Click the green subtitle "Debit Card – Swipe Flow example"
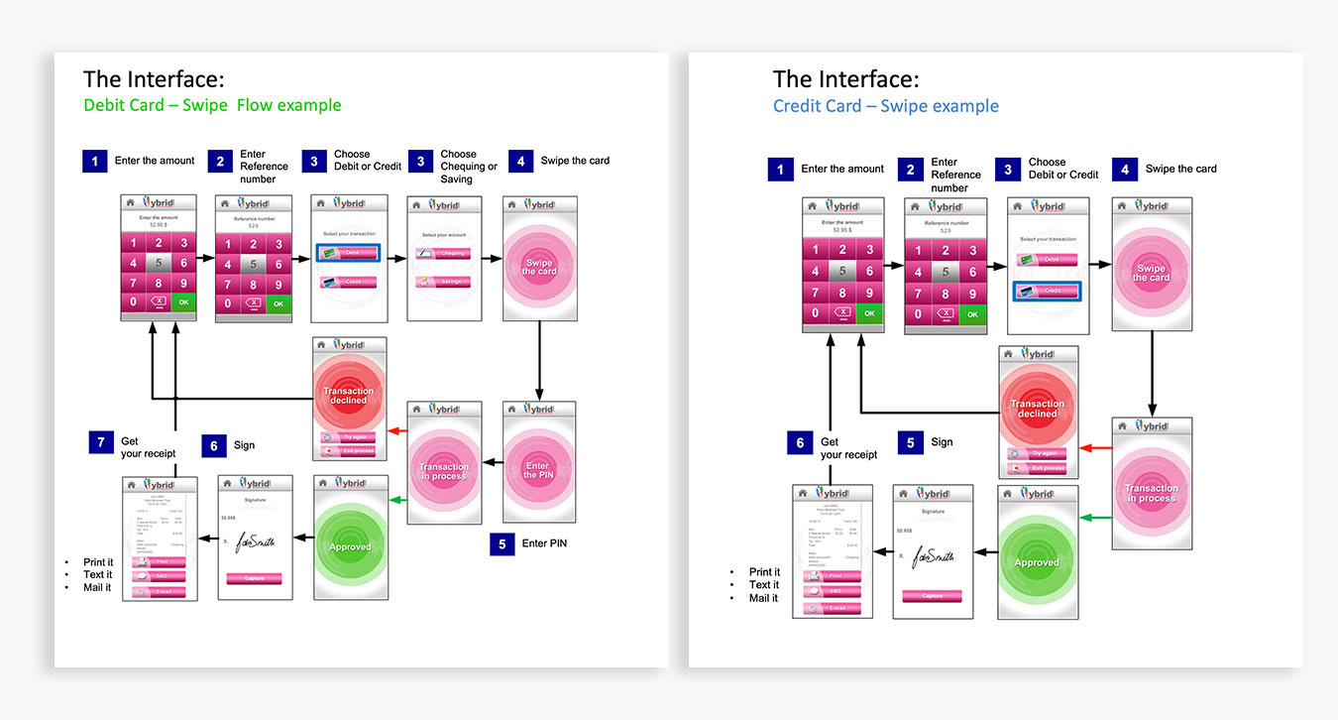pyautogui.click(x=212, y=105)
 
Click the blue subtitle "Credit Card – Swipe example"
pyautogui.click(x=886, y=106)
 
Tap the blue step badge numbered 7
pyautogui.click(x=101, y=442)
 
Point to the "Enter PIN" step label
pyautogui.click(x=544, y=542)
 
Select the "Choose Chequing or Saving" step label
pyautogui.click(x=469, y=167)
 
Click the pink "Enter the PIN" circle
pyautogui.click(x=538, y=471)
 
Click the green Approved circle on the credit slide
pyautogui.click(x=1037, y=562)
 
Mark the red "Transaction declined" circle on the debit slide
pyautogui.click(x=349, y=395)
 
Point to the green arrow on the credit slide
pyautogui.click(x=1095, y=518)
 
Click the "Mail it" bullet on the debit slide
pyautogui.click(x=97, y=587)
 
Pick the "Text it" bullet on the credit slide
pyautogui.click(x=763, y=585)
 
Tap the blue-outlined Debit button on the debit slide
pyautogui.click(x=348, y=254)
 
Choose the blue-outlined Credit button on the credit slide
pyautogui.click(x=1047, y=291)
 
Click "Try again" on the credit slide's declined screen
pyautogui.click(x=1038, y=453)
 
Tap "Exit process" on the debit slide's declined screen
pyautogui.click(x=349, y=452)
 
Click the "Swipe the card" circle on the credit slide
pyautogui.click(x=1151, y=274)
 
